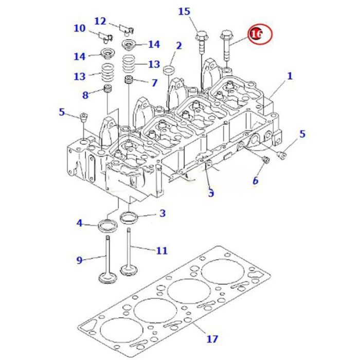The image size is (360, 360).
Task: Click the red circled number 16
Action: click(257, 34)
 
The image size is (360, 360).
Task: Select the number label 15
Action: click(184, 11)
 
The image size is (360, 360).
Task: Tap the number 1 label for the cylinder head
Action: click(290, 76)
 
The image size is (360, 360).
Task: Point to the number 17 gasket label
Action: click(211, 339)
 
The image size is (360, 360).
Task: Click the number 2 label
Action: click(178, 46)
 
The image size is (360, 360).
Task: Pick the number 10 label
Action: click(79, 28)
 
